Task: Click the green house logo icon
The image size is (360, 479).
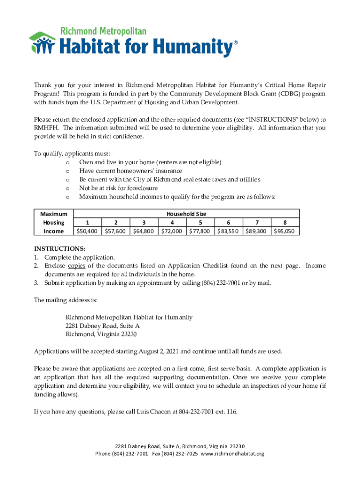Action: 43,43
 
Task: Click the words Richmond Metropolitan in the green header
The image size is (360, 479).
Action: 103,32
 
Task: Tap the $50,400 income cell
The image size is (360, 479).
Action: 87,231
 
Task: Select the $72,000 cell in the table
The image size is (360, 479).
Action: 172,231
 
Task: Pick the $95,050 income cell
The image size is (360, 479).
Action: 285,231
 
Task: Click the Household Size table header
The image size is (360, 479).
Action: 186,213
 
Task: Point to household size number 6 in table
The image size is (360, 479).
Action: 228,222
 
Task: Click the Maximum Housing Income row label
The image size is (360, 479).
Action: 54,222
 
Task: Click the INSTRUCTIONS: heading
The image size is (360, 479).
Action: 59,249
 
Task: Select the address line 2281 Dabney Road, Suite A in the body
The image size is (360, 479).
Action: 102,326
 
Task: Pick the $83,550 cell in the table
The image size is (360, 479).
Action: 228,231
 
